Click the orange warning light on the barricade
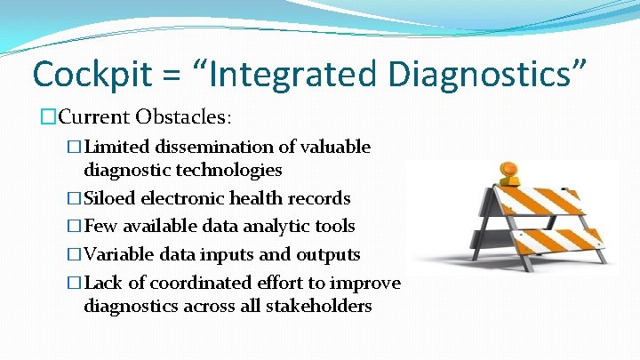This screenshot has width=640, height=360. pyautogui.click(x=509, y=172)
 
